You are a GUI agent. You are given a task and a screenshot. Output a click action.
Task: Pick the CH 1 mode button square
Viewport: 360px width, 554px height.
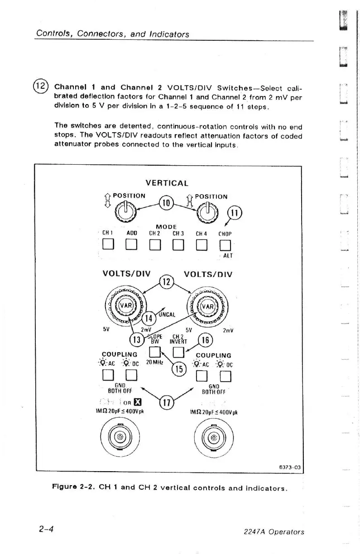107,247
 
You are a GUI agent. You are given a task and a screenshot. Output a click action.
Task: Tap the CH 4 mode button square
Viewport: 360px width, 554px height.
202,247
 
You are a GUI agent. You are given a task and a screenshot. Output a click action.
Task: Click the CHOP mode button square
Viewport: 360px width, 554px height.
225,247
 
